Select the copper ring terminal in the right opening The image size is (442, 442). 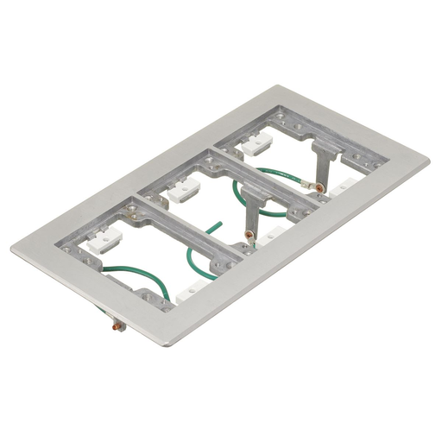[x=318, y=184]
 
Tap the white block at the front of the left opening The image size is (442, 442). [x=192, y=296]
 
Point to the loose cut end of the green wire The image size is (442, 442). [x=210, y=228]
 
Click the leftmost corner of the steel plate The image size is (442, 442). [x=12, y=250]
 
